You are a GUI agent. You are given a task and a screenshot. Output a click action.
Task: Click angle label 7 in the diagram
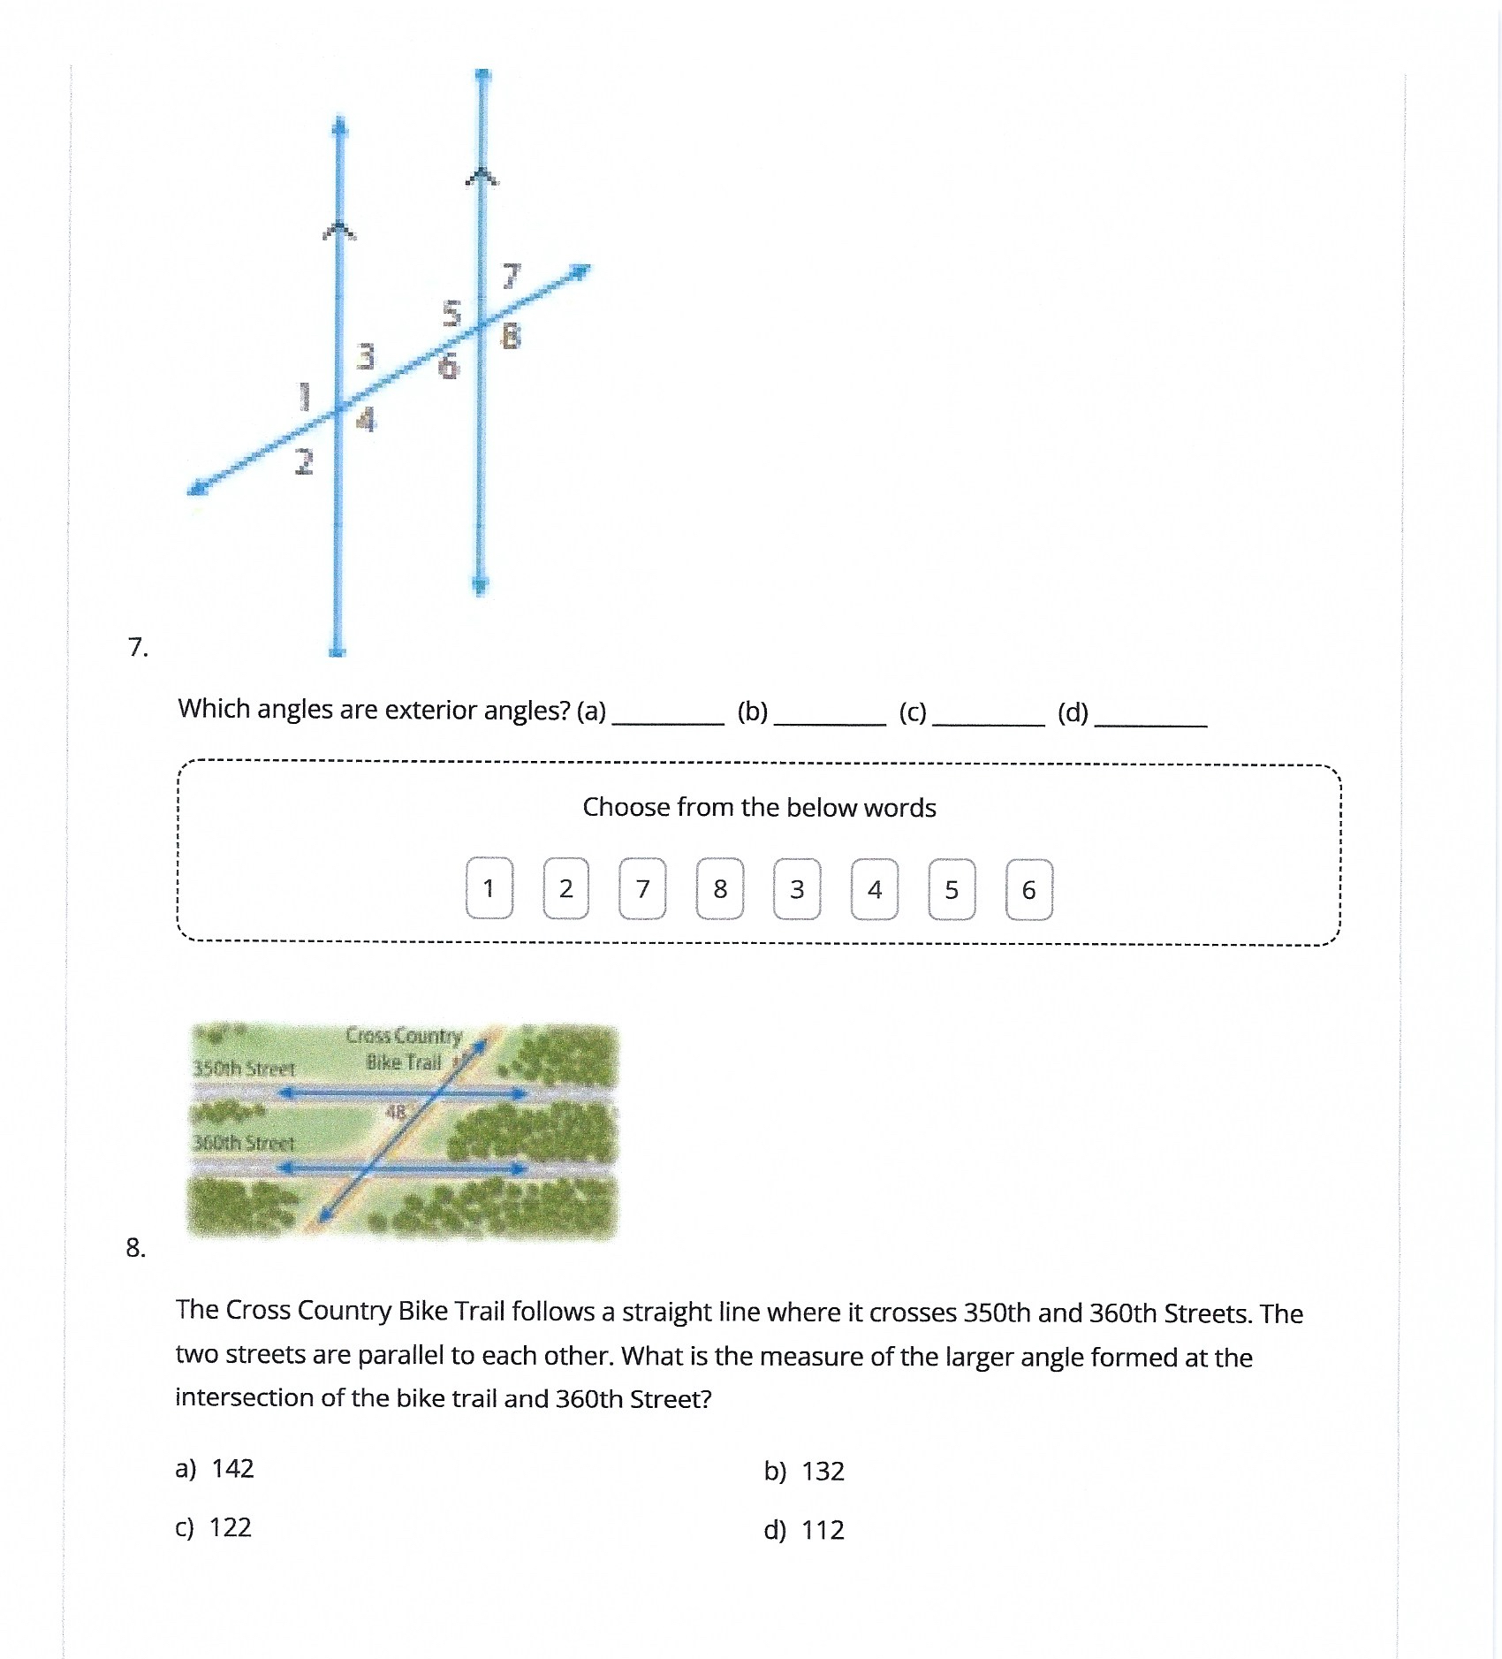pos(512,277)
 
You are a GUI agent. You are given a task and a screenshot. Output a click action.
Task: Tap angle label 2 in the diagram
pos(304,461)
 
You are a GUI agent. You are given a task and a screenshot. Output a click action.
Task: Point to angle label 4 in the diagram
pos(366,419)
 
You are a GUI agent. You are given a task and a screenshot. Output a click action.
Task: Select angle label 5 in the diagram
pos(451,313)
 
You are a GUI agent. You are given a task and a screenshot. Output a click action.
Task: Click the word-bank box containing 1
pos(489,888)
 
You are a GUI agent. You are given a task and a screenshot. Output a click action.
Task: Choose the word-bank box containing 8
pos(720,888)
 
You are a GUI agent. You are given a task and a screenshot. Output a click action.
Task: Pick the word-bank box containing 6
pos(1028,889)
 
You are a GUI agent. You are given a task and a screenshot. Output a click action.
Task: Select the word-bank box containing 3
pos(797,889)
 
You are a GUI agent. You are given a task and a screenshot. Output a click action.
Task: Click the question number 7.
pos(138,648)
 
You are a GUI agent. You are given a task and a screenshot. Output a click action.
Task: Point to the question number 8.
pos(135,1248)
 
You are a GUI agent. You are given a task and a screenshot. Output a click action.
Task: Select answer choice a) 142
pos(215,1468)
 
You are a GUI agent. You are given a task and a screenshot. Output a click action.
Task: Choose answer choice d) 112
pos(804,1530)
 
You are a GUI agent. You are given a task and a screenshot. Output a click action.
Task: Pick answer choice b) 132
pos(804,1471)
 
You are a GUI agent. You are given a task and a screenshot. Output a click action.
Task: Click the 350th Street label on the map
pos(244,1069)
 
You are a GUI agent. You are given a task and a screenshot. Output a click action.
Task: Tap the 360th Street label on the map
pos(244,1143)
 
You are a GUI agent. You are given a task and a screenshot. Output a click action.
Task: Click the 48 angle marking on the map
pos(395,1112)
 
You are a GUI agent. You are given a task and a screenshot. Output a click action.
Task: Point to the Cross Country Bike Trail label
pos(404,1048)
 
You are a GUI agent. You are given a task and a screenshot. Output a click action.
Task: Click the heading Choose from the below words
pos(759,807)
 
